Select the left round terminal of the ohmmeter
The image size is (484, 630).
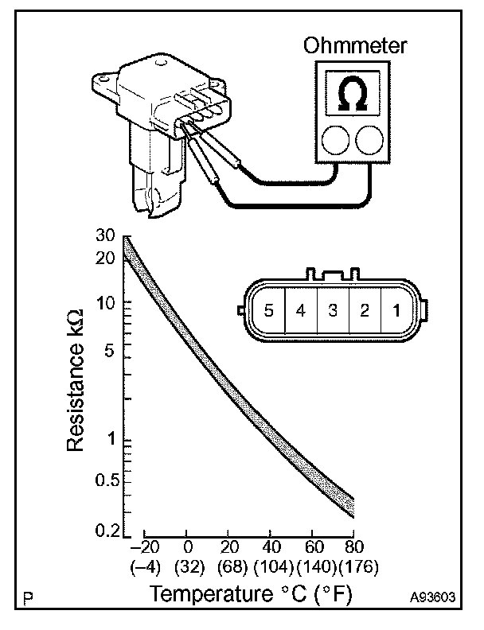point(335,141)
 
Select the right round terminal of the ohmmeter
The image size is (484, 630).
point(370,141)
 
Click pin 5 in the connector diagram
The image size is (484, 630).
point(269,310)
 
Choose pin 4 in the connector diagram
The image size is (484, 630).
point(301,310)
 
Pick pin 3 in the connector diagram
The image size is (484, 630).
point(333,310)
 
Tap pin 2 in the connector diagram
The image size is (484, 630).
point(364,310)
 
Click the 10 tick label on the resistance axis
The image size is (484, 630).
point(106,303)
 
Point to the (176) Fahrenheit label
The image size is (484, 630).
point(355,567)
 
